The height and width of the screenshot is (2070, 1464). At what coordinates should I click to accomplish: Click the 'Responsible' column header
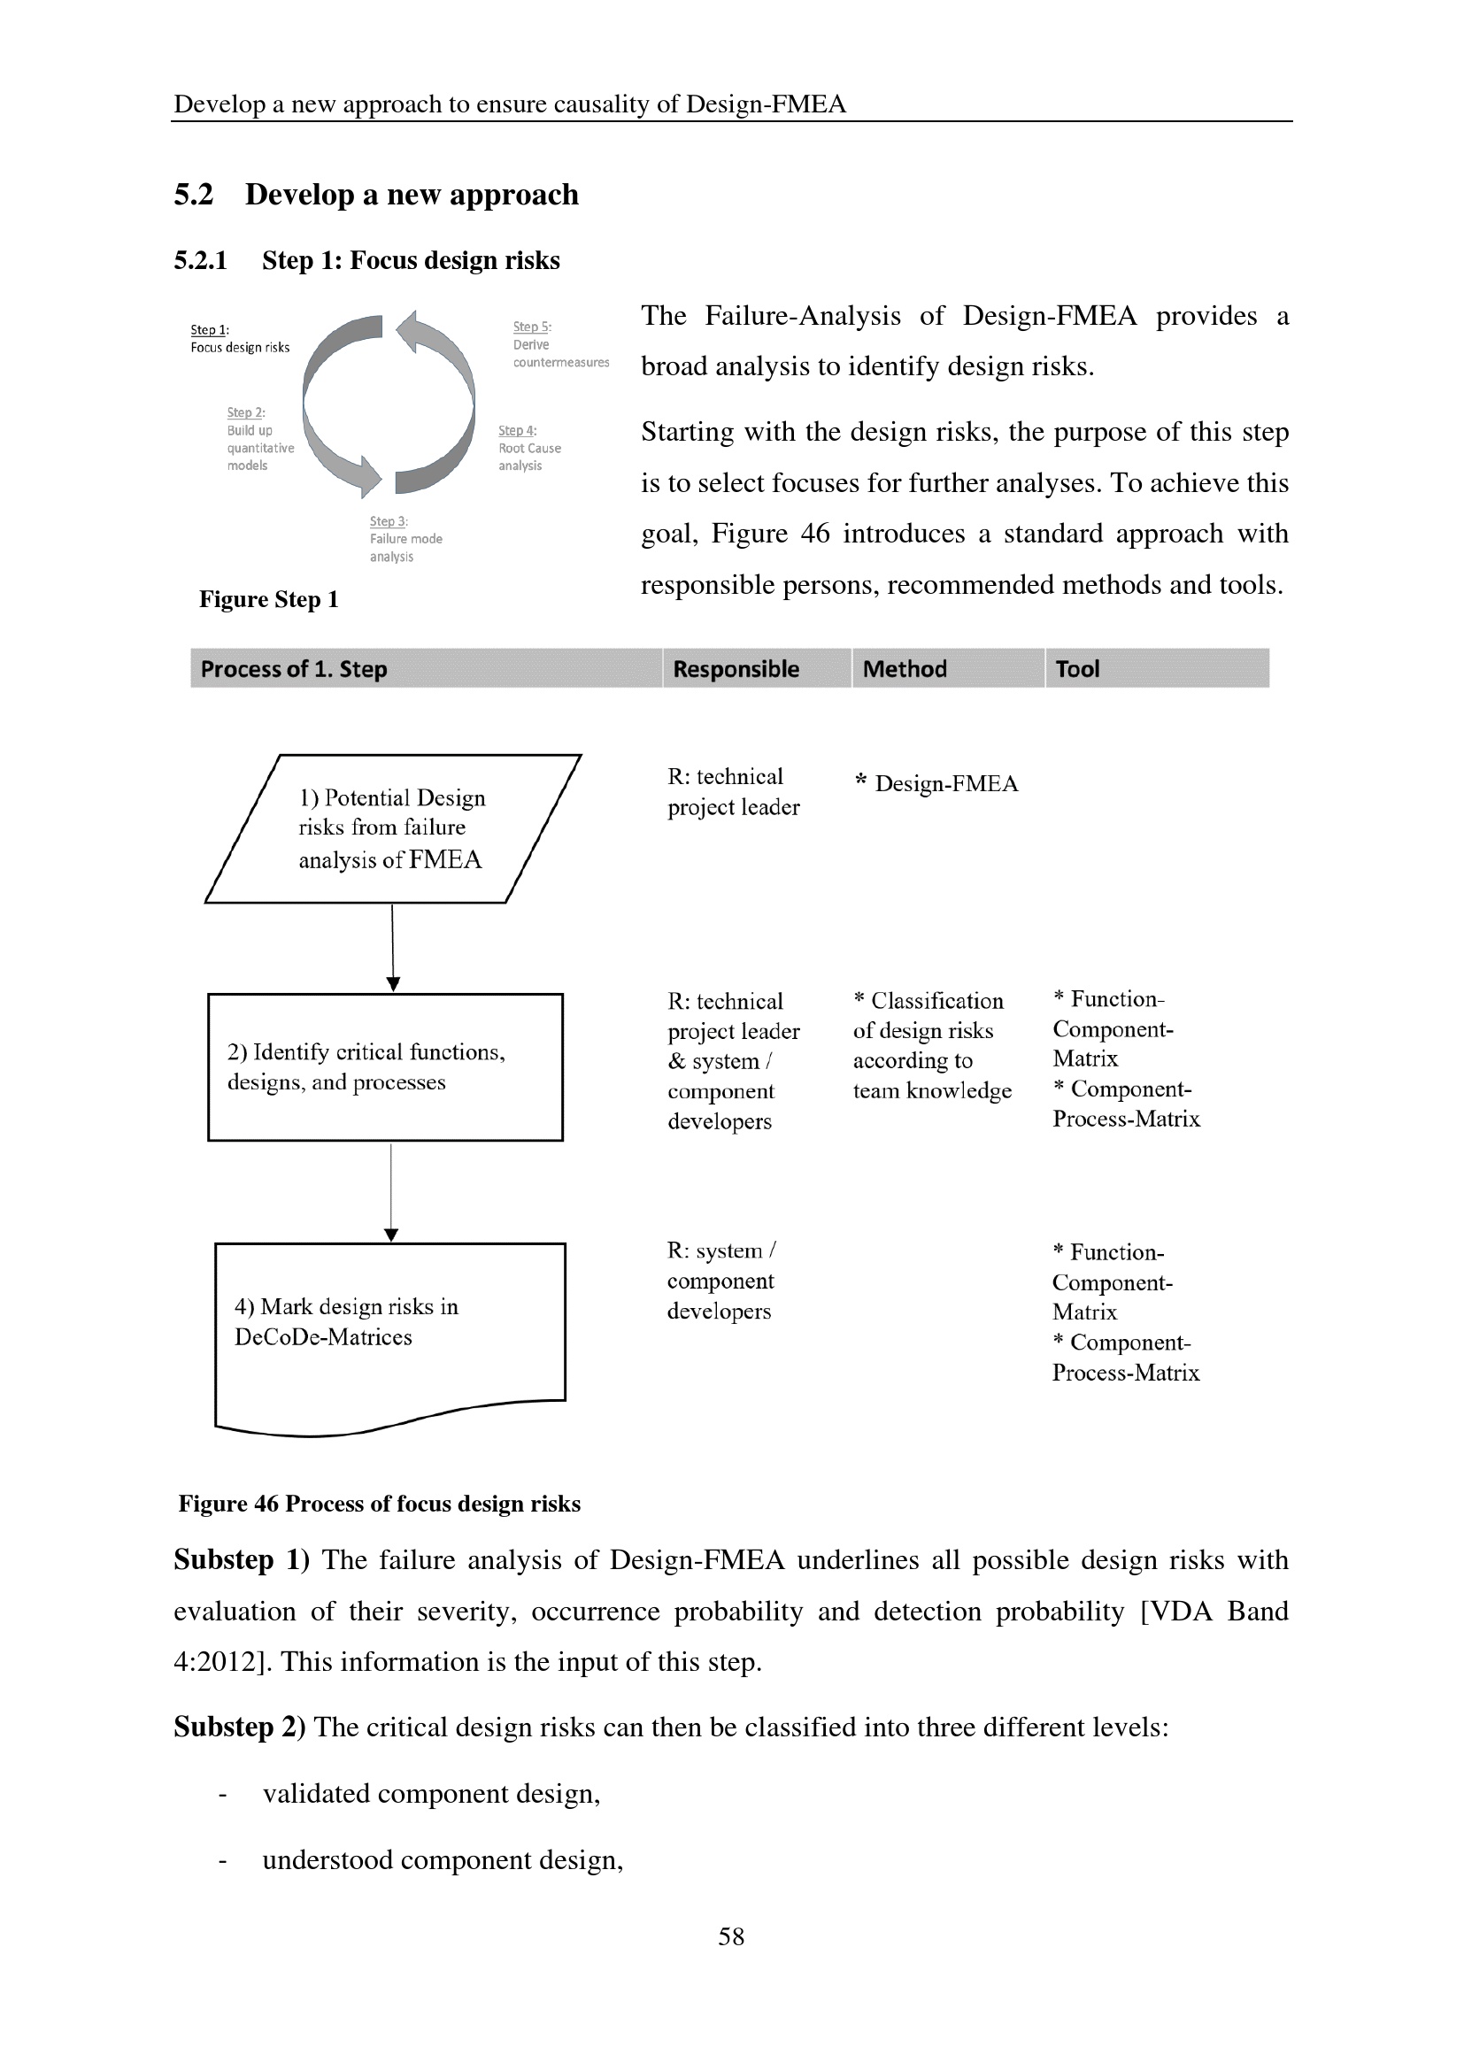tap(736, 669)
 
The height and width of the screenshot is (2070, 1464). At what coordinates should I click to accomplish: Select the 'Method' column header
tap(905, 669)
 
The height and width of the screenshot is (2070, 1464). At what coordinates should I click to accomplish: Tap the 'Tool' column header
tap(1077, 669)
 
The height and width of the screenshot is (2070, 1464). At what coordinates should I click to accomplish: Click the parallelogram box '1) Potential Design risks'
tap(392, 828)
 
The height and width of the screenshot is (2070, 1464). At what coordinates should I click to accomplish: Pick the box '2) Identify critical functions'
tap(385, 1067)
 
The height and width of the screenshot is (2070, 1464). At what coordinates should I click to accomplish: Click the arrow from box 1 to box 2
tap(392, 947)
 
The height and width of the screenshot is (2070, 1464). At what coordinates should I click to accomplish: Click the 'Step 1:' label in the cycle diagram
tap(209, 330)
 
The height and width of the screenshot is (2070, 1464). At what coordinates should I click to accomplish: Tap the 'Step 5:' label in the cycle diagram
tap(532, 327)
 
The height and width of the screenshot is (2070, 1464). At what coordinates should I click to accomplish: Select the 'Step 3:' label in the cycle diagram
tap(389, 521)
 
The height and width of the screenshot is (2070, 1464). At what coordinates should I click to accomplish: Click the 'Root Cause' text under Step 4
tap(529, 448)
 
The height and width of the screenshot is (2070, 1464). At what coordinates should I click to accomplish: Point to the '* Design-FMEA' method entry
tap(936, 783)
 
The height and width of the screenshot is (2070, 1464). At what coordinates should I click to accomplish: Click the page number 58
tap(731, 1936)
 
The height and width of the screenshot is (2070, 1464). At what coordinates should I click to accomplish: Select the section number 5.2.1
tap(200, 260)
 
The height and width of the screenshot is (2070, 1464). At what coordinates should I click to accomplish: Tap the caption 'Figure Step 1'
tap(269, 599)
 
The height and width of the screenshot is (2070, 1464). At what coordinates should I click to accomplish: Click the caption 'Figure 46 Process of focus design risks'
tap(379, 1504)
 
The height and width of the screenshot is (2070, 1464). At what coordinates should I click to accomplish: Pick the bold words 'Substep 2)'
tap(240, 1728)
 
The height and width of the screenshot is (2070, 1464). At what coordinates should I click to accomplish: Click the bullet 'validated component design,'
tap(431, 1794)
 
